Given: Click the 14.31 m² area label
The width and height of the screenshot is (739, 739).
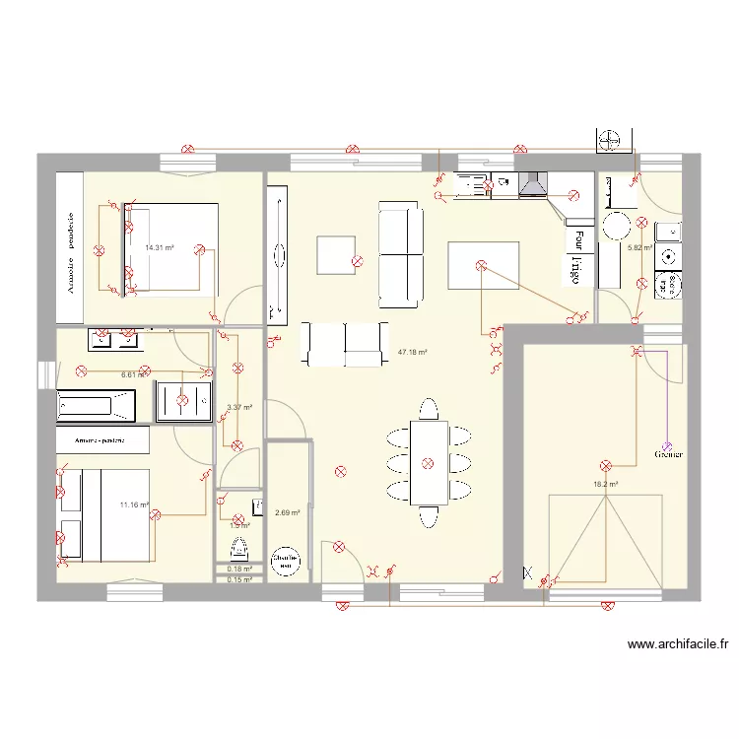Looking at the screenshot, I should click(x=160, y=248).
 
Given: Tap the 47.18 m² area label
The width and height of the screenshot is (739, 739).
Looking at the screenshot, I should click(x=412, y=352).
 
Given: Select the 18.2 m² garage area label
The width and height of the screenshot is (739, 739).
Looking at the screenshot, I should click(x=605, y=484).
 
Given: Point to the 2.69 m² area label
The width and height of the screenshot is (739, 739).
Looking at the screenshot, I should click(x=287, y=512).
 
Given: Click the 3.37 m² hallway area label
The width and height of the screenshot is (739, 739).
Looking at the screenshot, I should click(x=240, y=407).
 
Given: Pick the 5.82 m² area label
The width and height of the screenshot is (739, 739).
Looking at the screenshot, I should click(x=640, y=248).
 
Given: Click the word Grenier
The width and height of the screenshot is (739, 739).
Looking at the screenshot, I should click(x=668, y=454).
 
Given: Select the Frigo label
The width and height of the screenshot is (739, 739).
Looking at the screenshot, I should click(x=572, y=269).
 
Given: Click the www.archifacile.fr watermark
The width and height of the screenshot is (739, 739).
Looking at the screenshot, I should click(x=678, y=645).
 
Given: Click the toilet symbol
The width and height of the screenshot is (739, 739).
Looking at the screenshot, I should click(x=237, y=546).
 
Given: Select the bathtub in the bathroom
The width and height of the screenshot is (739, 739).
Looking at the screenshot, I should click(x=96, y=403).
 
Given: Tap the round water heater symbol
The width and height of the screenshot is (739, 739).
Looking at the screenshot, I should click(x=285, y=562).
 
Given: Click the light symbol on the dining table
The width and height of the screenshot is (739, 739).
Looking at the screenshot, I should click(x=428, y=463).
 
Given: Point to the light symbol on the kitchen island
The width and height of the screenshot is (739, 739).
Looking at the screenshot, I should click(x=481, y=265).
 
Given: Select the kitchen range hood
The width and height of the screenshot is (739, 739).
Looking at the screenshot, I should click(x=533, y=183).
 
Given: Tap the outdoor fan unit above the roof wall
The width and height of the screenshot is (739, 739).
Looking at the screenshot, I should click(x=611, y=140).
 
